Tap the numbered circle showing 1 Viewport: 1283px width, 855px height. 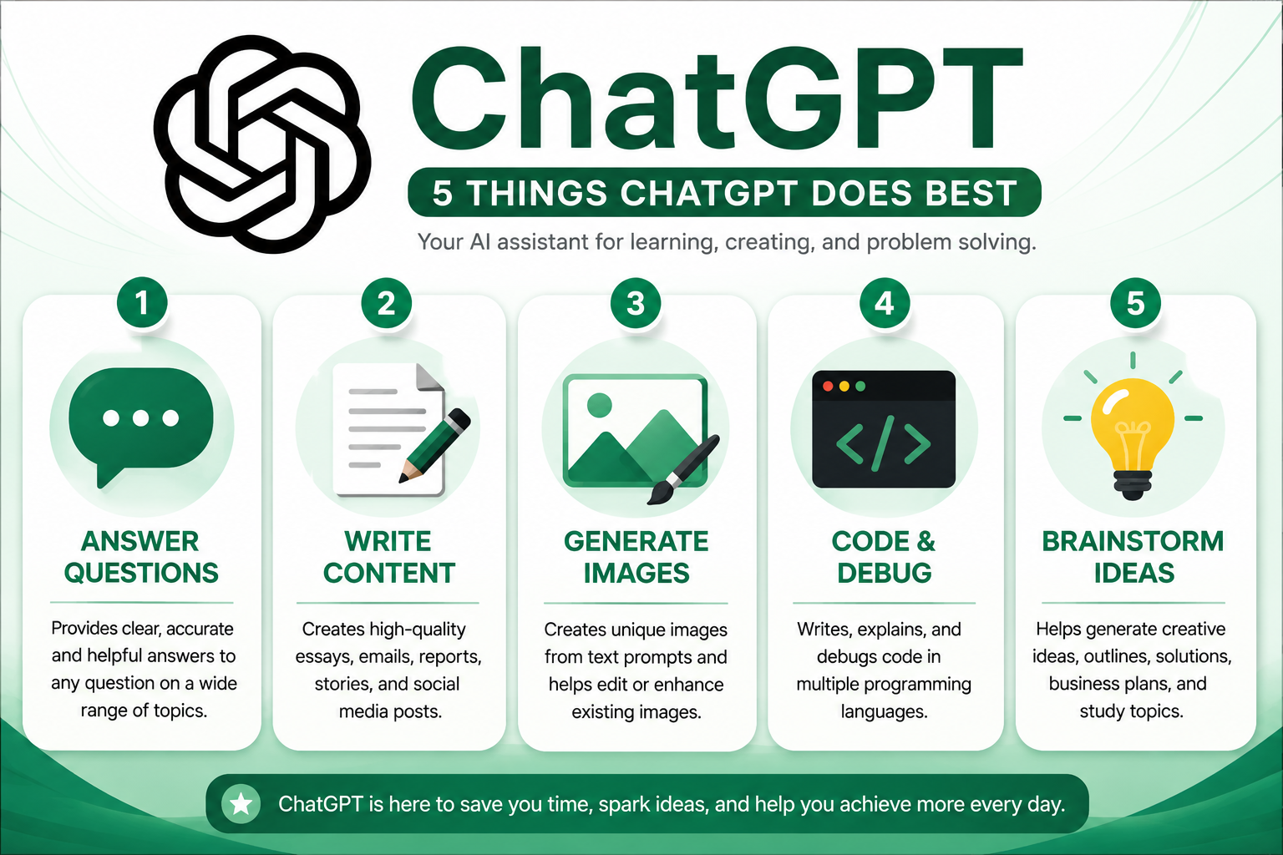(x=142, y=303)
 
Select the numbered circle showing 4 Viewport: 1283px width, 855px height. (x=885, y=304)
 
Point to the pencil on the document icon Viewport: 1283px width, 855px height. (x=435, y=445)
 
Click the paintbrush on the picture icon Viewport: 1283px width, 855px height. (x=683, y=469)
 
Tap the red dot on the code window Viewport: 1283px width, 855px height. (x=828, y=386)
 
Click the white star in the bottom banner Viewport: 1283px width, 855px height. (x=241, y=804)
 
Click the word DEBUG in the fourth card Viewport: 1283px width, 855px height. (x=885, y=574)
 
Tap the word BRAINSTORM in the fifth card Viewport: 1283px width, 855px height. (x=1133, y=542)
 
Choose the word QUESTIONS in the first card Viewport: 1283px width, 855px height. (x=141, y=574)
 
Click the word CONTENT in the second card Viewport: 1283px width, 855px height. (x=389, y=574)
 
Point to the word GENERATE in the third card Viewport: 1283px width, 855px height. (x=636, y=542)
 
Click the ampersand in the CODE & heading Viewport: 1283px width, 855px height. (x=925, y=542)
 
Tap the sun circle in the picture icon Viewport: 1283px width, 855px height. (x=599, y=405)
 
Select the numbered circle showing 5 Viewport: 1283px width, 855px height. (x=1135, y=304)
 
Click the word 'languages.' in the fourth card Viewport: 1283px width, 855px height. (x=884, y=712)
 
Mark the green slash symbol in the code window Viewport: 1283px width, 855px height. (x=883, y=444)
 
